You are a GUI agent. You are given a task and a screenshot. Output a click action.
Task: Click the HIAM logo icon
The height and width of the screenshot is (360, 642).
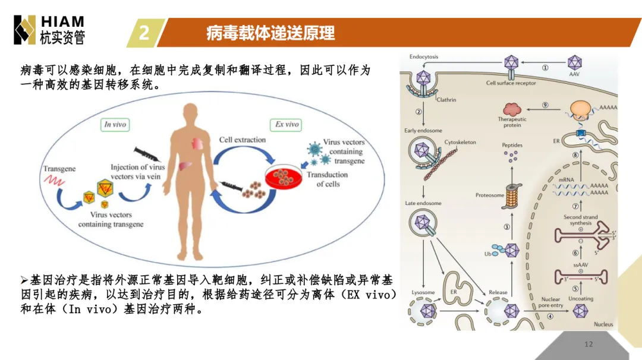24,30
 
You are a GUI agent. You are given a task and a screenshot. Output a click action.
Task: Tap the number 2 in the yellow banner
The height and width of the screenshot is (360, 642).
144,33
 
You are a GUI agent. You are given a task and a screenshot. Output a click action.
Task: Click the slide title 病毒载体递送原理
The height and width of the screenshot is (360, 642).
270,33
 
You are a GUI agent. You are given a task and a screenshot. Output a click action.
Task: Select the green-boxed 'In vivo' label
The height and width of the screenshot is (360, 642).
115,124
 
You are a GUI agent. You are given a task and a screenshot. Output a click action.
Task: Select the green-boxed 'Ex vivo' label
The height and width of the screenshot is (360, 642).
286,124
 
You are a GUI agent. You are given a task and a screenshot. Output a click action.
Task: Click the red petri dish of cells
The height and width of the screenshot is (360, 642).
283,177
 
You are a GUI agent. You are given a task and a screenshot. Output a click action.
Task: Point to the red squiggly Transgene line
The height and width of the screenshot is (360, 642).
54,180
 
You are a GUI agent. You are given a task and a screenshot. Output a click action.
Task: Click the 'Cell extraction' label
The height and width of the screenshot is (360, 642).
243,140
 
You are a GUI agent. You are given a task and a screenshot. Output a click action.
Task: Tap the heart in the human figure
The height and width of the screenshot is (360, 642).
197,144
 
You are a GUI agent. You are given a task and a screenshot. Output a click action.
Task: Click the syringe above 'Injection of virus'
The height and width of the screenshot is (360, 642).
147,154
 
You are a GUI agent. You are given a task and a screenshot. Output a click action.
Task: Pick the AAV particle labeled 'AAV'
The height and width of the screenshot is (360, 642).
574,62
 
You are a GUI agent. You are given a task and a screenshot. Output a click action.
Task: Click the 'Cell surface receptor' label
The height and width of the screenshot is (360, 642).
511,83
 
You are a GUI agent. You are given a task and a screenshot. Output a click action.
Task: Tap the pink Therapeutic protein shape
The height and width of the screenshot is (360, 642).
512,109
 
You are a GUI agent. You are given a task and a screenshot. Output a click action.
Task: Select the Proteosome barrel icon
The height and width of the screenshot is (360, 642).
512,197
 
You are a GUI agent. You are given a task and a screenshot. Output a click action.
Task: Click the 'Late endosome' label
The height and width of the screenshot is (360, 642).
423,203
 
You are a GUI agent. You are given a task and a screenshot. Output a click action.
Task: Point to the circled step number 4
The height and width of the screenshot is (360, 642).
550,316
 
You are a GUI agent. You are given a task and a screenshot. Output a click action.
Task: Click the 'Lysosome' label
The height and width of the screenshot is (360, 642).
423,292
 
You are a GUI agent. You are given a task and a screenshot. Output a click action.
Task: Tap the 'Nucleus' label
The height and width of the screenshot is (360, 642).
603,324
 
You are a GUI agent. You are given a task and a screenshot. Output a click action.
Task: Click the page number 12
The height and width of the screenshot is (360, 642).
588,344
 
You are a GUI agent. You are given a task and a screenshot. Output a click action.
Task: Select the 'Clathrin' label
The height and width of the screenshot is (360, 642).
446,99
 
